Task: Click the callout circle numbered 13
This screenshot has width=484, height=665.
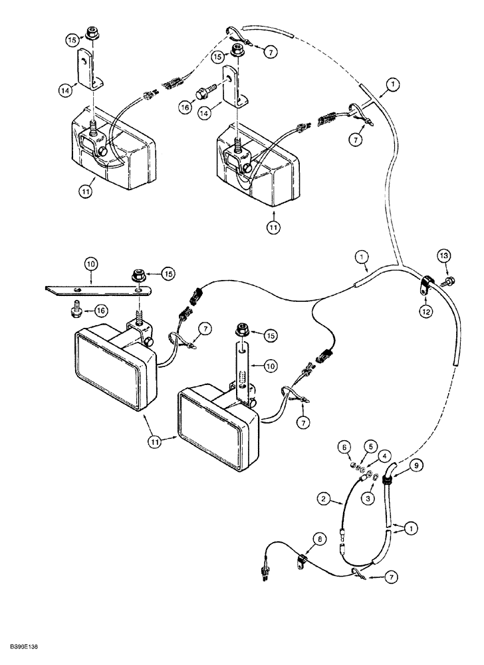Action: coord(443,256)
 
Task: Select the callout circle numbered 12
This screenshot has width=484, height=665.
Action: coord(426,312)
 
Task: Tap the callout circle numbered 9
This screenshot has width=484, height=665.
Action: coord(416,465)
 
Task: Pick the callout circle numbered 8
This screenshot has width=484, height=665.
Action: coord(320,539)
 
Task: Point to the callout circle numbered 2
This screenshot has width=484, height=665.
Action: coord(324,499)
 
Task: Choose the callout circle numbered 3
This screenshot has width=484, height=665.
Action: coord(368,498)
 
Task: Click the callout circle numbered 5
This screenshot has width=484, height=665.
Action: coord(370,447)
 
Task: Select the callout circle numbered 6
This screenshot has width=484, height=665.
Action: coord(344,447)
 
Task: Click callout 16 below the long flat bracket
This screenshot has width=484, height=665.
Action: coord(102,311)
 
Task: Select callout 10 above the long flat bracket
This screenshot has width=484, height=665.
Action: coord(91,265)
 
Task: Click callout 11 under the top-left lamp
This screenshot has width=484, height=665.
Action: coord(85,192)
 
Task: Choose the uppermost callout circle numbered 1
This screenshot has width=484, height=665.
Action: coord(394,84)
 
